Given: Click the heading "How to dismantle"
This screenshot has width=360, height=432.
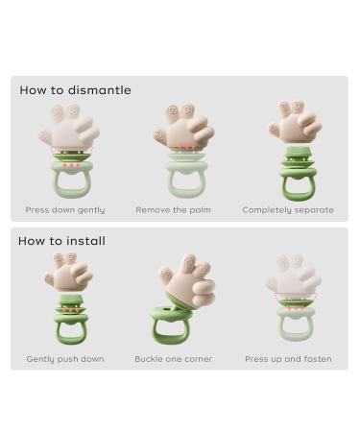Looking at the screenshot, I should pos(75,90).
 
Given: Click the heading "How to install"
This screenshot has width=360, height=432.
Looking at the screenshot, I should pos(61,241).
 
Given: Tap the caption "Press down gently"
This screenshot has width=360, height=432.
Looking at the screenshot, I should pos(65,209).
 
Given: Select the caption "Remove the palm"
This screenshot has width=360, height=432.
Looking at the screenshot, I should pos(174,209).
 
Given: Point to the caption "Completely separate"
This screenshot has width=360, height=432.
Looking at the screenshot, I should pos(288,209).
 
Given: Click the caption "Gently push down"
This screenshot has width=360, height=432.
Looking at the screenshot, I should pos(65,359).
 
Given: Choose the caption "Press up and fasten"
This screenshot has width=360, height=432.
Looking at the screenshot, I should pos(288,359).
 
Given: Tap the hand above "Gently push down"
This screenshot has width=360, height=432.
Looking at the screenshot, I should pos(68,272).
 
